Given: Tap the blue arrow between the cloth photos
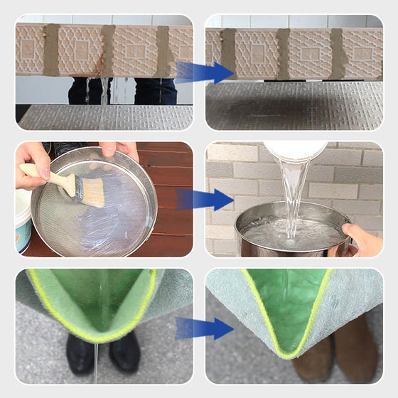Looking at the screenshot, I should (205, 328).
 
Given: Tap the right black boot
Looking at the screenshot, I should (125, 352).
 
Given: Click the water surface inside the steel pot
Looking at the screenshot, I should (291, 233).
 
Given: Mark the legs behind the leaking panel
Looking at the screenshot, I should (121, 90).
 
